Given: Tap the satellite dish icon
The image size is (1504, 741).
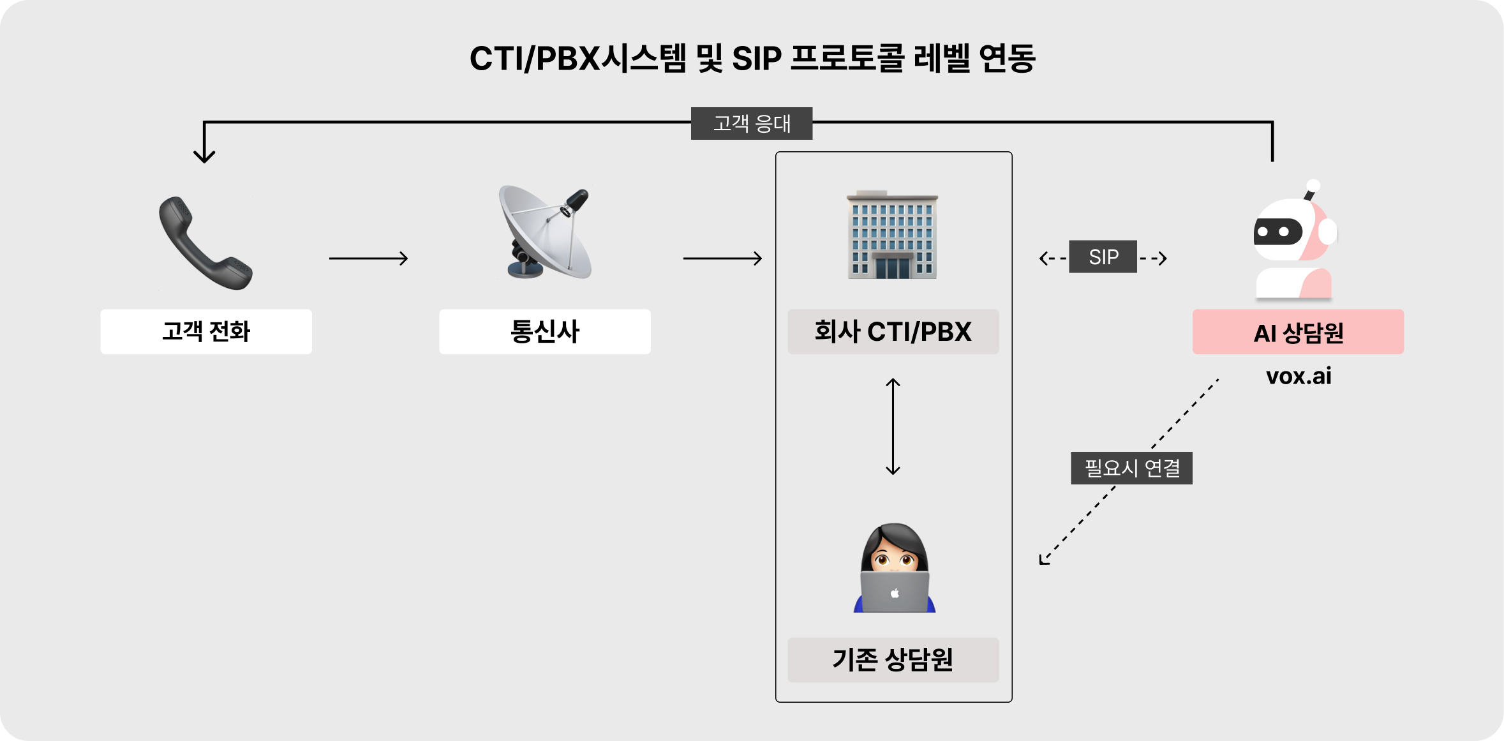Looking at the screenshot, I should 546,233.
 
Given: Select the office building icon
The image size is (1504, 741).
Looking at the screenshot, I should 892,235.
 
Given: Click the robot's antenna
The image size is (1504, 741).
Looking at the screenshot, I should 1311,190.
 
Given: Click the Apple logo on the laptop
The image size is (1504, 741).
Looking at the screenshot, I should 895,594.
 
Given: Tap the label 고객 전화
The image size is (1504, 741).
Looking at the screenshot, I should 205,332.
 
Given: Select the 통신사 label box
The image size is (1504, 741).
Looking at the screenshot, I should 544,332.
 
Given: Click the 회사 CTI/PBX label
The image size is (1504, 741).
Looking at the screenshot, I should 893,332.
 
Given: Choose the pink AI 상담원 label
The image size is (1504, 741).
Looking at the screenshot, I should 1298,333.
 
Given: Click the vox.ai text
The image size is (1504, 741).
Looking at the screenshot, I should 1298,376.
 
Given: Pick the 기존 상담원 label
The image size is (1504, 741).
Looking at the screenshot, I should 893,660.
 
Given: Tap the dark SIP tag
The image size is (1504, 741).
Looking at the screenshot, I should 1103,257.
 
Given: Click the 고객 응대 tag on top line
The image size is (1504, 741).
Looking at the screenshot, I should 751,123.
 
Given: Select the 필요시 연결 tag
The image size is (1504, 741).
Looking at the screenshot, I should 1131,468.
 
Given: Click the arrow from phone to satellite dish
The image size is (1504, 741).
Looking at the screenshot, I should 368,258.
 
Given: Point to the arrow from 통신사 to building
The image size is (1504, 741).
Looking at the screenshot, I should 722,258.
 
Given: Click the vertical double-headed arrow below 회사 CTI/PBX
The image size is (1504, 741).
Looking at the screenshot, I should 893,426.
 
